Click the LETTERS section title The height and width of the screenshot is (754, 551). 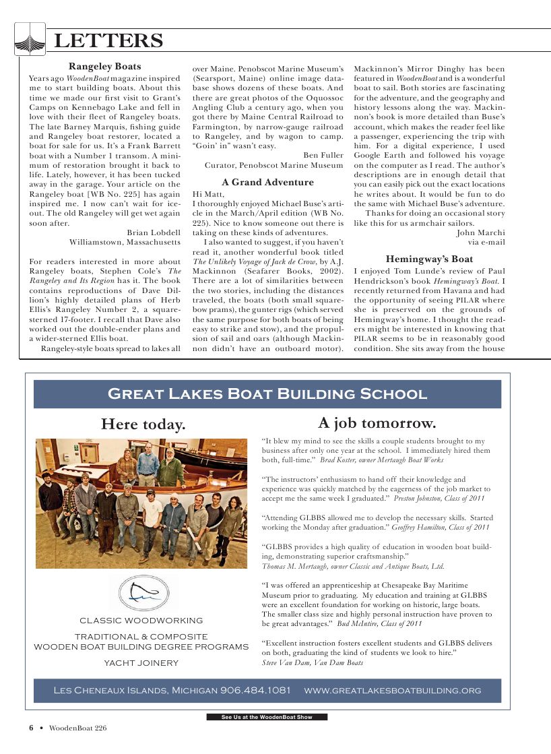coord(108,42)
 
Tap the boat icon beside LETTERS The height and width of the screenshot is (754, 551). coord(30,39)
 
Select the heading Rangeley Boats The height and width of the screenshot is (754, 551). coord(105,66)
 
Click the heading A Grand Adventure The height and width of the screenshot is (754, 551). coord(267,182)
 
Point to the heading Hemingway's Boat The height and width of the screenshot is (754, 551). coord(429,259)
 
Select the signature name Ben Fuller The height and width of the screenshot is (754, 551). coord(323,155)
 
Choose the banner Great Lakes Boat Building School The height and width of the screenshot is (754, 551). coord(267,394)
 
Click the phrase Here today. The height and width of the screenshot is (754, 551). coord(143,425)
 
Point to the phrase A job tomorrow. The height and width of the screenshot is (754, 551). coord(377,423)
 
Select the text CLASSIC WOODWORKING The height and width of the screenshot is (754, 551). coord(141,621)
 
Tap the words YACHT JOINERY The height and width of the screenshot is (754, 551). coord(141,663)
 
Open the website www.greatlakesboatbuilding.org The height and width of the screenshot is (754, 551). coord(393,691)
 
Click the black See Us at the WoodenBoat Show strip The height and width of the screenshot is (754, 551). coord(267,717)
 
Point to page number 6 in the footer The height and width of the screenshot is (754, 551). coord(31,728)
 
